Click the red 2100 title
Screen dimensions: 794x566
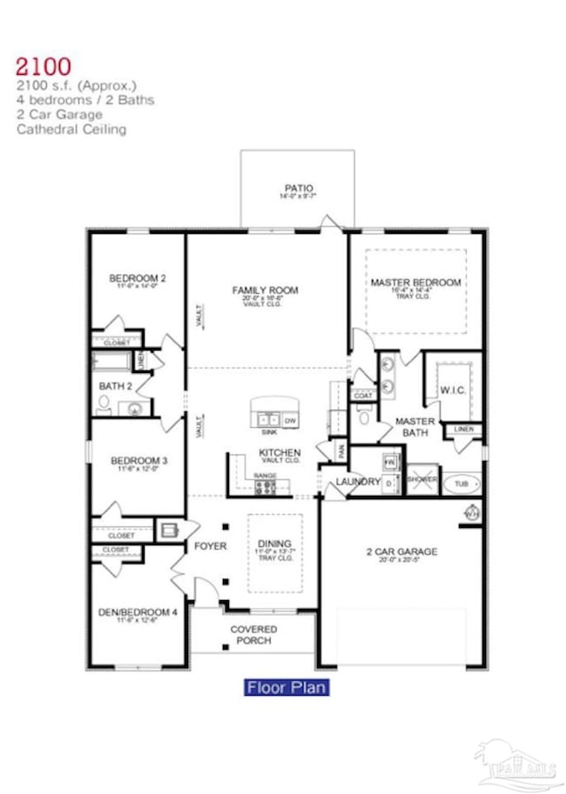coord(43,66)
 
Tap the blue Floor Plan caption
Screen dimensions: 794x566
coord(286,688)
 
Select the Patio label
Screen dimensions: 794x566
coord(298,188)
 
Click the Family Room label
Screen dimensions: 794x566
coord(266,290)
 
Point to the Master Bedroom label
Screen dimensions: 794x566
coord(415,283)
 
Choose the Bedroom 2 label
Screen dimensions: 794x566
coord(137,278)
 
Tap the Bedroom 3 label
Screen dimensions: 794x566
coord(138,460)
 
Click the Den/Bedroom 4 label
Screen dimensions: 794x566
coord(138,612)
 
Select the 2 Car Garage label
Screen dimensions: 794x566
coord(401,551)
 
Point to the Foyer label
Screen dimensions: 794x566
coord(210,546)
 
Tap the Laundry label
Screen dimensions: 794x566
coord(359,481)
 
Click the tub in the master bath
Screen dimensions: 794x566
coord(461,484)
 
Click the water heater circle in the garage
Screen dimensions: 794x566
coord(471,512)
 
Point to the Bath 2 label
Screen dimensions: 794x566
coord(115,385)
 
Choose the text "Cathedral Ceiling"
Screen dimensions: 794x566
coord(71,130)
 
